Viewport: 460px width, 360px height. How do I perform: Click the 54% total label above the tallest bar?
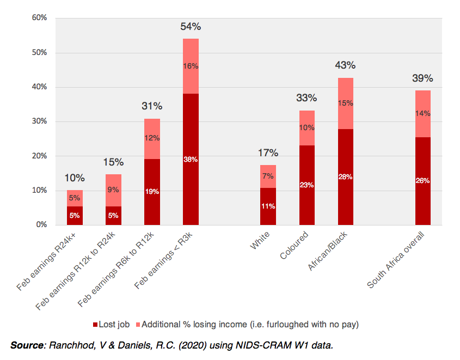pos(191,26)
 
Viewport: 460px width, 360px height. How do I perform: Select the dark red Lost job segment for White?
pos(268,206)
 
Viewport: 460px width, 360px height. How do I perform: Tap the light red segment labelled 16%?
pos(191,66)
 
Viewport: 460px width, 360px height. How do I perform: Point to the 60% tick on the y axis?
pos(39,18)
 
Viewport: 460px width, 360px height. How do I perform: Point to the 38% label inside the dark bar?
pos(191,160)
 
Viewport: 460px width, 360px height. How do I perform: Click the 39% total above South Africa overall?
pos(422,78)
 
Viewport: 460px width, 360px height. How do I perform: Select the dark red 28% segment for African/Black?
pos(346,177)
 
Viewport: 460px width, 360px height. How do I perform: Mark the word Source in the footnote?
pos(27,345)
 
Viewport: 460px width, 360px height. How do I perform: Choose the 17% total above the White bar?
pos(268,153)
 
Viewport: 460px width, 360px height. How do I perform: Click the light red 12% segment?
pos(152,138)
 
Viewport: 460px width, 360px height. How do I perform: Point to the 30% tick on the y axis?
pos(39,121)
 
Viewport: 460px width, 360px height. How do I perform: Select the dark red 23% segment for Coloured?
pos(307,185)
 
